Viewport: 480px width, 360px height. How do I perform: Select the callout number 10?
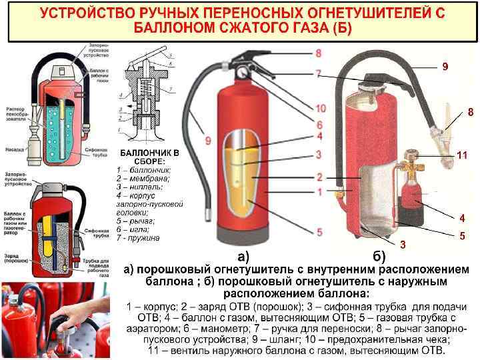[x=321, y=108]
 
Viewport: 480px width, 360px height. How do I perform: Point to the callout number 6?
[x=319, y=125]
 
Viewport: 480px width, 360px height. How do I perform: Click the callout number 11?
[x=462, y=155]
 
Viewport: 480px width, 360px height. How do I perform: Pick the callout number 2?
[x=319, y=177]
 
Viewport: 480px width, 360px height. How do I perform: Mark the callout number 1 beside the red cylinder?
[x=319, y=192]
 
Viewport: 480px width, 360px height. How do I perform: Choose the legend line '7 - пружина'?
[x=138, y=237]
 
